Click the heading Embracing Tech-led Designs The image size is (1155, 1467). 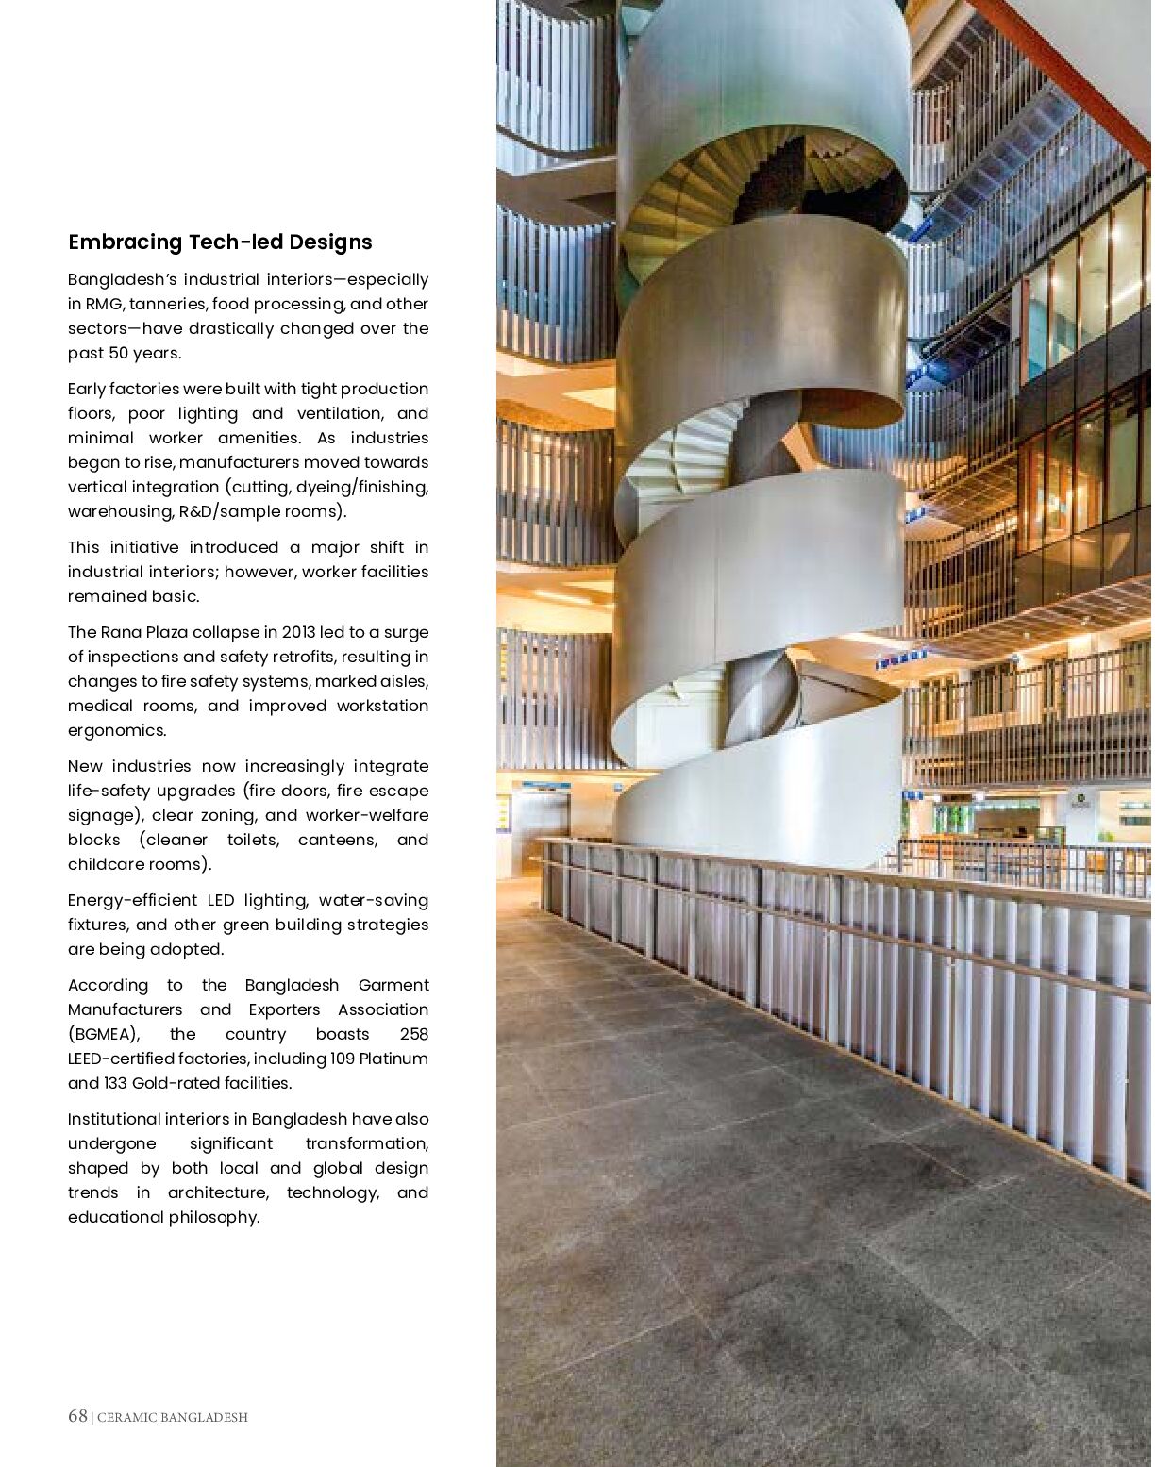pyautogui.click(x=220, y=242)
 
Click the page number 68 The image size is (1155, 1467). pyautogui.click(x=77, y=1416)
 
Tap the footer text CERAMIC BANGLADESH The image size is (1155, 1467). pyautogui.click(x=173, y=1417)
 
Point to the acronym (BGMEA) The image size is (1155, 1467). pyautogui.click(x=104, y=1034)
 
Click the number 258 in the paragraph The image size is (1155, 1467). pyautogui.click(x=413, y=1034)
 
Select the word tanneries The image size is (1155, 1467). pyautogui.click(x=167, y=304)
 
